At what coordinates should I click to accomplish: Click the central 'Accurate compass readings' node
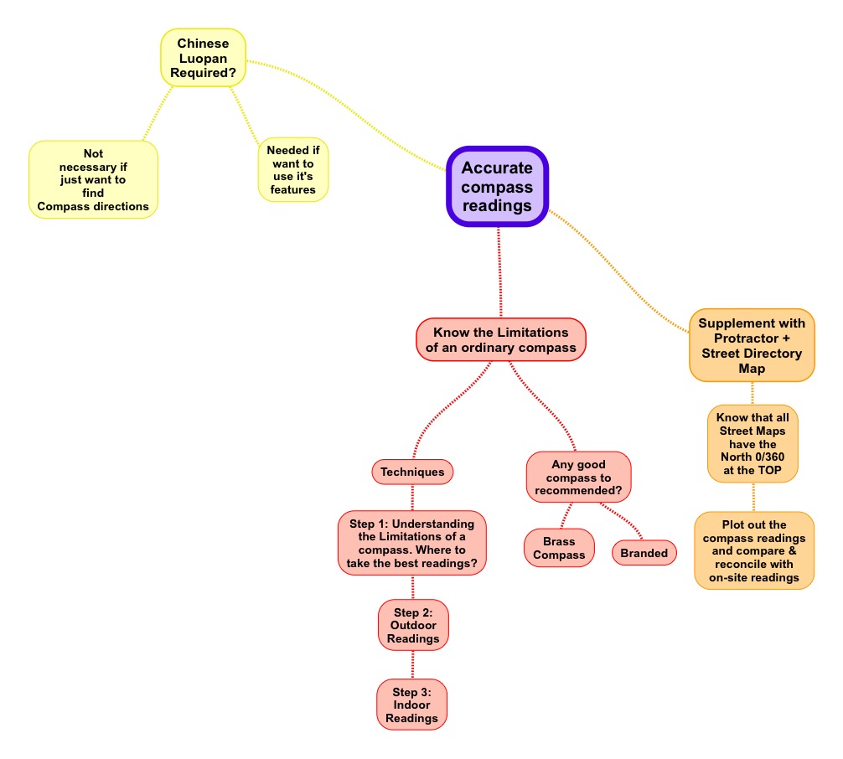[497, 187]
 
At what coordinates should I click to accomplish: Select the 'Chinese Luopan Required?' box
[204, 58]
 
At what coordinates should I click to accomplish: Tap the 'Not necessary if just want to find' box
[93, 179]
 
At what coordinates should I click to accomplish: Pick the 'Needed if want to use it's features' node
[293, 170]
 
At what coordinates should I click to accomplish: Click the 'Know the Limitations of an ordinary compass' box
[500, 340]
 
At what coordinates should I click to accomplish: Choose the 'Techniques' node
[412, 472]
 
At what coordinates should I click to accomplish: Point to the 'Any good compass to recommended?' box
[578, 478]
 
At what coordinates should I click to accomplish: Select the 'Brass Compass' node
[559, 548]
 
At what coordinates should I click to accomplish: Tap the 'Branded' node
[644, 553]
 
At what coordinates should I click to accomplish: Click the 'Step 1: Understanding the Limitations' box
[411, 543]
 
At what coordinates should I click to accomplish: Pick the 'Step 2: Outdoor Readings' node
[413, 625]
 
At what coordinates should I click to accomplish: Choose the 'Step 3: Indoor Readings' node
[411, 705]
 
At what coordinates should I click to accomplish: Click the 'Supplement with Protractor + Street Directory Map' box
[752, 346]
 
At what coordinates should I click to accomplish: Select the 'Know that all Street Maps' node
[752, 443]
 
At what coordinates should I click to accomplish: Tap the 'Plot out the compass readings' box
[753, 550]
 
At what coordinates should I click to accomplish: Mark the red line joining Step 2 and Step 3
[413, 665]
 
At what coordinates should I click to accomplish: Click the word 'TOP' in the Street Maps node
[769, 470]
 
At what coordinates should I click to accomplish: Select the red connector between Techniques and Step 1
[412, 498]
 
